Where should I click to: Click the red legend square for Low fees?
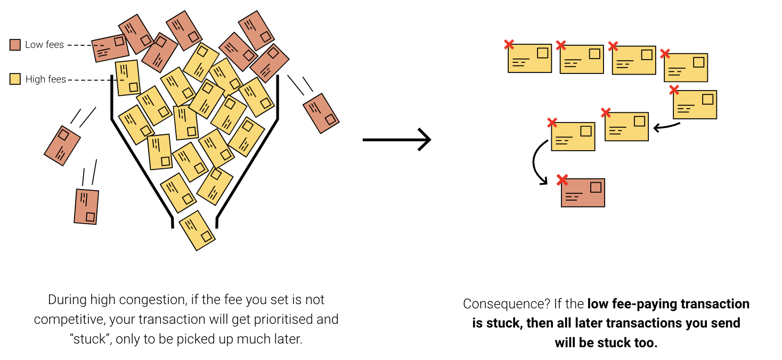(x=15, y=45)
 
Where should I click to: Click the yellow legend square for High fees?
(x=15, y=79)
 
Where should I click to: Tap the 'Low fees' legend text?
(x=44, y=45)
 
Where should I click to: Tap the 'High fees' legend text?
(x=46, y=79)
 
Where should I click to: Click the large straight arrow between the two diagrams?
(x=396, y=140)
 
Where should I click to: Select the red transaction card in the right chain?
(x=583, y=192)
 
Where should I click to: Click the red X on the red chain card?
(x=562, y=180)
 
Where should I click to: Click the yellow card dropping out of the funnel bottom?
(x=197, y=231)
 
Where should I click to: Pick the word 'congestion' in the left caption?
(x=160, y=300)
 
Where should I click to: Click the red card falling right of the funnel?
(x=321, y=113)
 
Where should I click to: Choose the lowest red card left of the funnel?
(x=86, y=206)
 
